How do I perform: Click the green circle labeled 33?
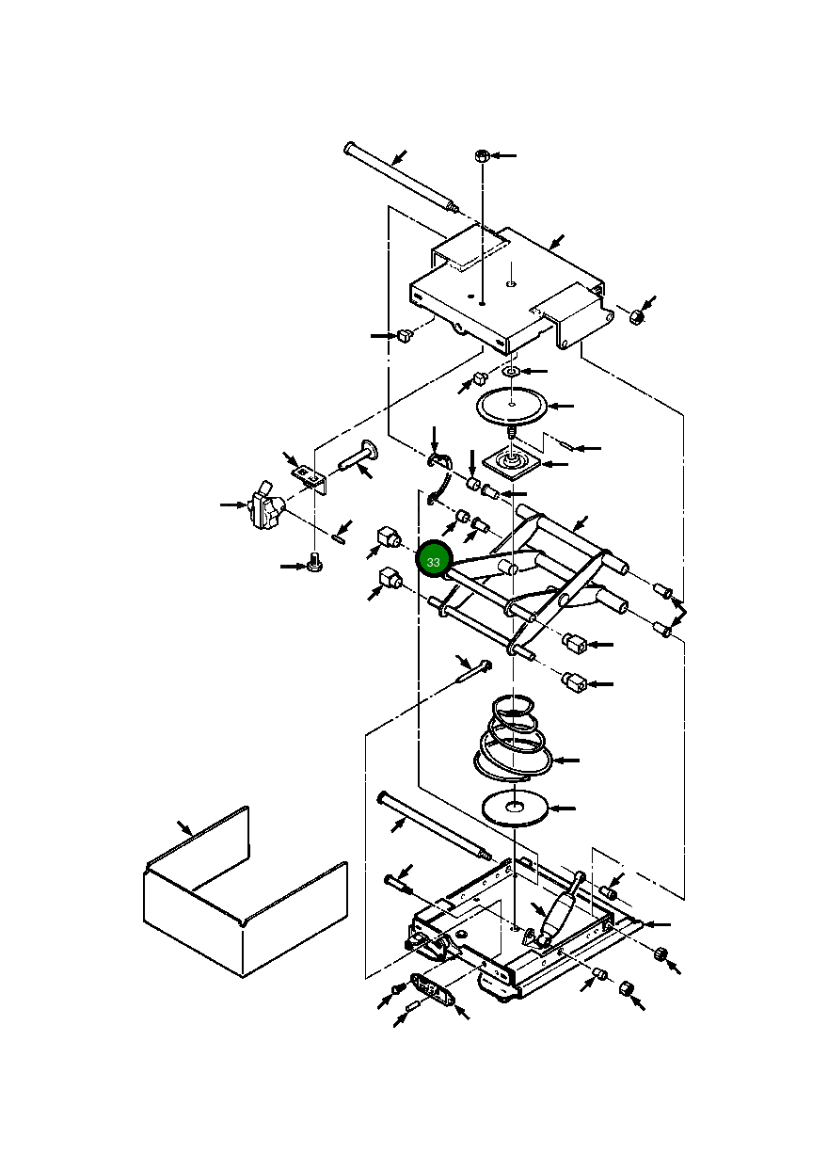coord(434,561)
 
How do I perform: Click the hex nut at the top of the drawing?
coord(481,155)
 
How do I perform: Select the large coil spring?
coord(513,739)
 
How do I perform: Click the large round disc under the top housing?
coord(511,406)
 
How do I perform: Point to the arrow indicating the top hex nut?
coord(503,155)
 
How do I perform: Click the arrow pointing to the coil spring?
coord(566,759)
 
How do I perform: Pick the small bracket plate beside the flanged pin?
coord(308,477)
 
